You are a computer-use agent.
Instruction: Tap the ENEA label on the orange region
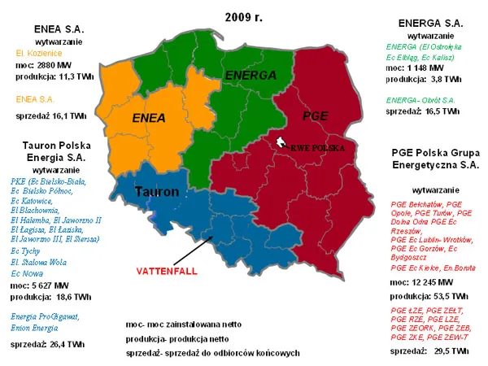148,117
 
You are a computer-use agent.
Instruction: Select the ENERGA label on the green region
246,76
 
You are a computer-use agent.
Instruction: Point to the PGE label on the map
314,116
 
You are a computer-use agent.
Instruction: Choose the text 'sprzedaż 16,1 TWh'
50,116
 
